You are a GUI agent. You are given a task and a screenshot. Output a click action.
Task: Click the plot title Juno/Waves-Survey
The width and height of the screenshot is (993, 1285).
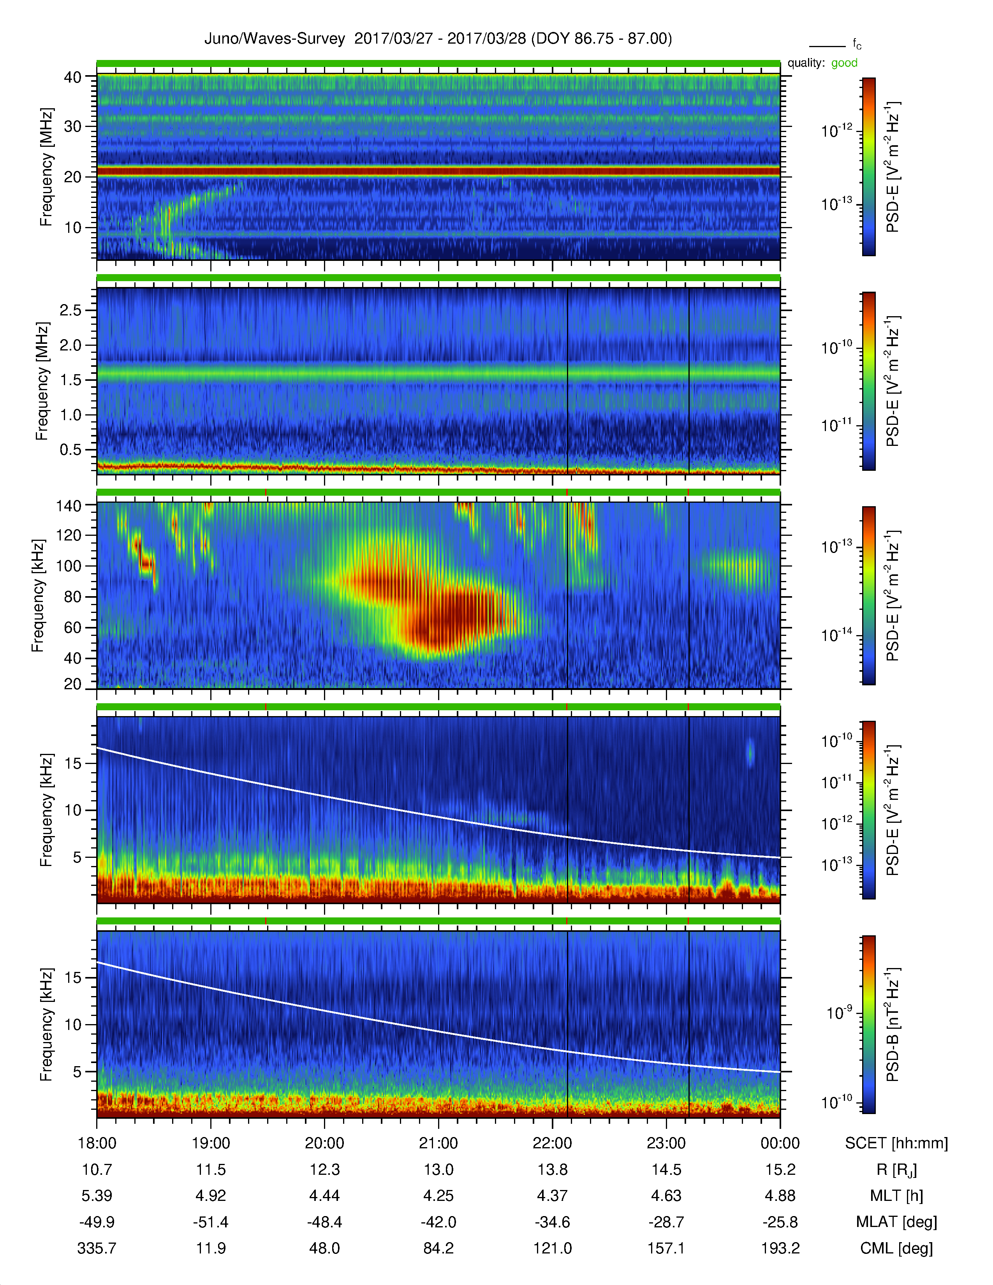click(274, 39)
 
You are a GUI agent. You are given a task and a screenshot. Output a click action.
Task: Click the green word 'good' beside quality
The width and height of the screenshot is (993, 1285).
click(844, 63)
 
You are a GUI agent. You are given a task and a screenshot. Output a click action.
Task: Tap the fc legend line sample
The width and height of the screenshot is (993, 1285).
click(827, 46)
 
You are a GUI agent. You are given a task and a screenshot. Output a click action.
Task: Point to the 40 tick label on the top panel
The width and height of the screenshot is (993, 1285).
click(72, 77)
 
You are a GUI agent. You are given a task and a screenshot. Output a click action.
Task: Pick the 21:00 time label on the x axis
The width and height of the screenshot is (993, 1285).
click(438, 1143)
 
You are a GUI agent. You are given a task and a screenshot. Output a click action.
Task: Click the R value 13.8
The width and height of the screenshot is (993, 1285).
click(553, 1170)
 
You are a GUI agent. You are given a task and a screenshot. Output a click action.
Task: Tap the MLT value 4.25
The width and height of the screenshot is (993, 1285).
click(438, 1195)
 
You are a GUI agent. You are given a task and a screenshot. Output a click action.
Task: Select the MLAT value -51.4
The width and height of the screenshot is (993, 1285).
click(211, 1222)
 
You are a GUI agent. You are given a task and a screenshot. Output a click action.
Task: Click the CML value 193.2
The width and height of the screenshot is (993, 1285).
click(780, 1248)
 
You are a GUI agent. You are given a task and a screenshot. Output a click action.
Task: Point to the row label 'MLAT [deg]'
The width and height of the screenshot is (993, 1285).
click(896, 1222)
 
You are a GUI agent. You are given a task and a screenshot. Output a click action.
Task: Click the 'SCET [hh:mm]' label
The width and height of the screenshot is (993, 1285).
click(896, 1143)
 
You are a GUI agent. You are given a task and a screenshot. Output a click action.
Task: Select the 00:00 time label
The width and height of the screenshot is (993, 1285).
click(780, 1143)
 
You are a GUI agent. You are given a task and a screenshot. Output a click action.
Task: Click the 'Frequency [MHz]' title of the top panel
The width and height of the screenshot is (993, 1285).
click(46, 167)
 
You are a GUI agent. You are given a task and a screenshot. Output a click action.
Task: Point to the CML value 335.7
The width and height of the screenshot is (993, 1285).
click(97, 1248)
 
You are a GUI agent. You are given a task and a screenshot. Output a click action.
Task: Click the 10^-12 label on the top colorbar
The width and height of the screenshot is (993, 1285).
click(836, 130)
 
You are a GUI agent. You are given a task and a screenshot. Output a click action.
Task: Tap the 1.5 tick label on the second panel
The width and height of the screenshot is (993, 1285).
click(70, 380)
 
